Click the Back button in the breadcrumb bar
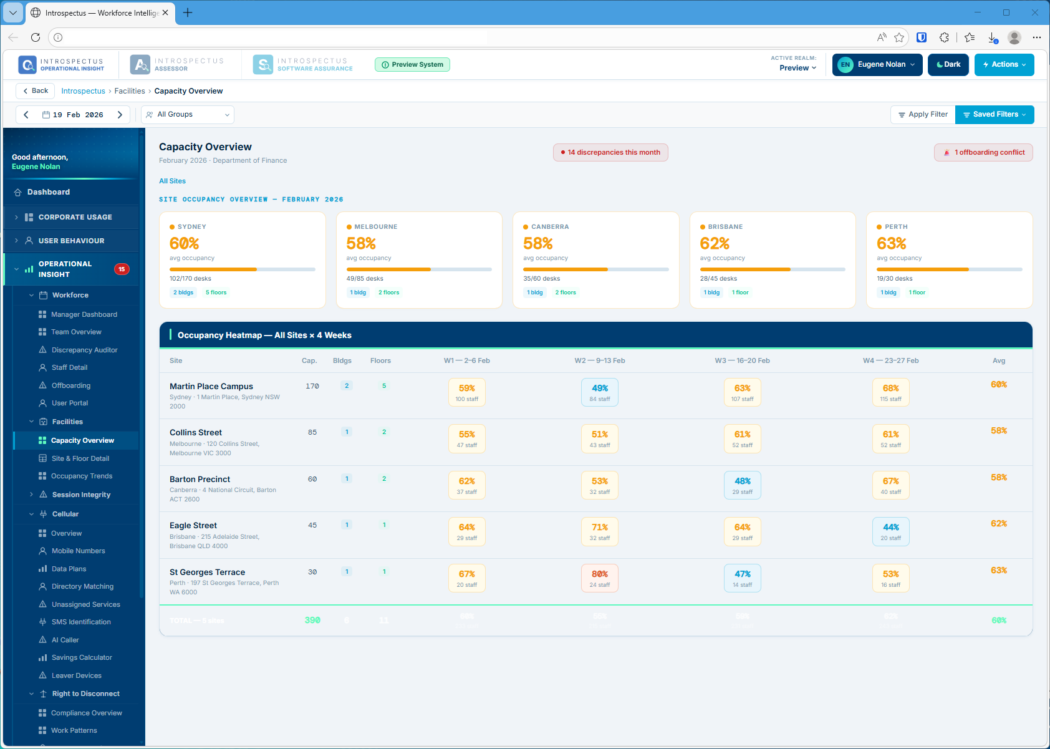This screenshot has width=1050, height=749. click(x=35, y=91)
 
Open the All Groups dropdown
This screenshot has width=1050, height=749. click(x=188, y=115)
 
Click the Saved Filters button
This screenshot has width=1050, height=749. click(x=995, y=115)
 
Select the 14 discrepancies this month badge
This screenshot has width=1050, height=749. click(x=610, y=153)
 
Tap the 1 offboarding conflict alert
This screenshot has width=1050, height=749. click(x=983, y=153)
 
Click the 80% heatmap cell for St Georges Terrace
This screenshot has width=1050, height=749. click(x=599, y=578)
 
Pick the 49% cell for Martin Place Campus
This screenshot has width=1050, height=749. click(x=599, y=392)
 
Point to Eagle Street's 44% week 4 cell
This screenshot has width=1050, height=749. click(x=890, y=531)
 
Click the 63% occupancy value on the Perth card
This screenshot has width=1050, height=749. click(x=891, y=243)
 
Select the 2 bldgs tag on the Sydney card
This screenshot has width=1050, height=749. click(x=183, y=292)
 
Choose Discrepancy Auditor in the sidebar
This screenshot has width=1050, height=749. click(x=84, y=350)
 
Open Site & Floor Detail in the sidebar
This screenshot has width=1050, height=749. click(x=80, y=458)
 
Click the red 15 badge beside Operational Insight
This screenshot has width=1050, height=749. click(x=122, y=269)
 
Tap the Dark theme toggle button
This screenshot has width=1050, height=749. click(x=948, y=65)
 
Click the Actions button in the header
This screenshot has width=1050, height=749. click(x=1004, y=65)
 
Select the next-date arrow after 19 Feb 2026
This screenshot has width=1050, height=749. click(x=120, y=115)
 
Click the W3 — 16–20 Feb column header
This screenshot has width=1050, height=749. click(x=742, y=361)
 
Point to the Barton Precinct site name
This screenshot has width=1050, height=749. click(x=200, y=480)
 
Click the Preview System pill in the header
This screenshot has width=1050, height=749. click(x=412, y=65)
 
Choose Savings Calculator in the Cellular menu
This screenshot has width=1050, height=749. click(x=82, y=658)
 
